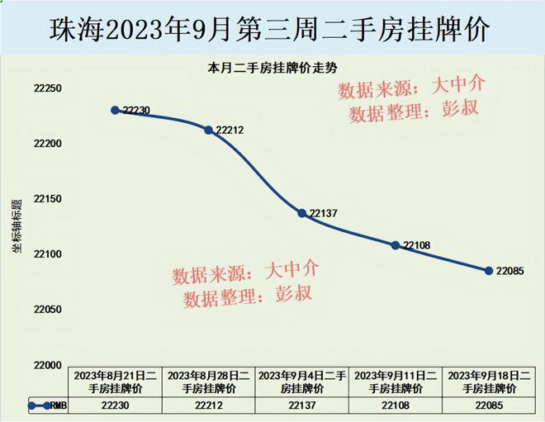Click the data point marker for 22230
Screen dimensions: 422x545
(x=116, y=110)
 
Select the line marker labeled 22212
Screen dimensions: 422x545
(x=208, y=130)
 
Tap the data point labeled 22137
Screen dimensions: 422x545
(x=302, y=214)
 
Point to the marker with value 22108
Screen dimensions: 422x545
(x=396, y=245)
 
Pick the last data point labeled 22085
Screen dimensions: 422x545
(x=488, y=271)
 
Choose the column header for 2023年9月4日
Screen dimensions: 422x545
(x=302, y=382)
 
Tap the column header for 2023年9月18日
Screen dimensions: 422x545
(x=488, y=382)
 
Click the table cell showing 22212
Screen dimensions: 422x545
(x=209, y=405)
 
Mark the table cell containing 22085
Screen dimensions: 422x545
(x=488, y=405)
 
